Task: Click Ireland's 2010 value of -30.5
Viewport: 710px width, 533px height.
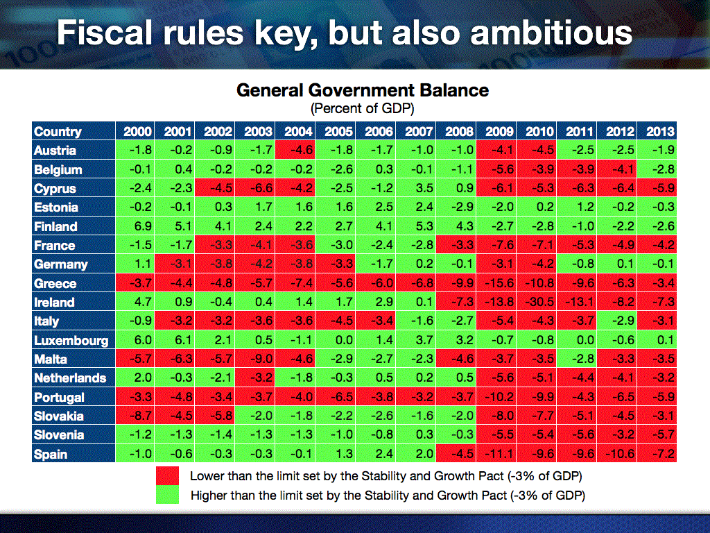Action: point(539,303)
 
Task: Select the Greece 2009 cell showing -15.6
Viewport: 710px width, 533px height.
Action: point(499,283)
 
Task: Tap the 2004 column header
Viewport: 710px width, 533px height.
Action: point(294,131)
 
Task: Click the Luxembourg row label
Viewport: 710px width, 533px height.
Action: point(71,340)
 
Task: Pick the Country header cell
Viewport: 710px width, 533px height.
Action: point(58,131)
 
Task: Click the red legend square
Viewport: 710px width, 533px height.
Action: point(167,476)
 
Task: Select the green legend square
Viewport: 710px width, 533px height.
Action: point(167,495)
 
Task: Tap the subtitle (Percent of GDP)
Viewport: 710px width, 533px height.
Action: point(363,108)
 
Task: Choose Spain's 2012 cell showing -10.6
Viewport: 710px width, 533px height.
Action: point(618,455)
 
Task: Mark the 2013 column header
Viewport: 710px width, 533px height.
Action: point(659,131)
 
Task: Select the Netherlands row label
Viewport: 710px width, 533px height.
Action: point(70,378)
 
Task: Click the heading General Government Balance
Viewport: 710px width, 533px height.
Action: point(363,90)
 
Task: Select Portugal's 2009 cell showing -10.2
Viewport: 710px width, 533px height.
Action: point(499,398)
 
